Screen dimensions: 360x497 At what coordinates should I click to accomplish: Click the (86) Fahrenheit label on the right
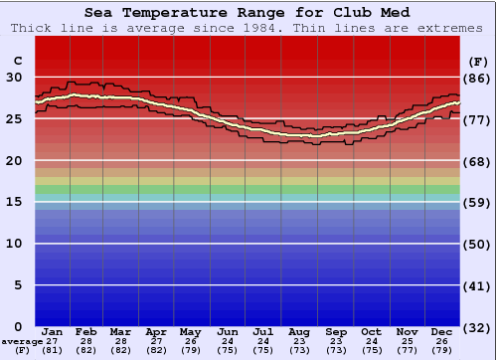479,78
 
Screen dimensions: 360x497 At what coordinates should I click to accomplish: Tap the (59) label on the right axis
479,202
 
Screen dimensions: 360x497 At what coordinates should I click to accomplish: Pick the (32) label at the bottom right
479,327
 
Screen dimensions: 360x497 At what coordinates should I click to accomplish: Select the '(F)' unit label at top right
479,61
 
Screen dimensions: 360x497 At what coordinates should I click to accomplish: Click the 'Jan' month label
53,332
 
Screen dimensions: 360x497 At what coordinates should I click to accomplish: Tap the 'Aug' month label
299,332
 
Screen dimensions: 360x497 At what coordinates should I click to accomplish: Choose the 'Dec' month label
442,332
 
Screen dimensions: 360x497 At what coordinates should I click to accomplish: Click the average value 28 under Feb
86,341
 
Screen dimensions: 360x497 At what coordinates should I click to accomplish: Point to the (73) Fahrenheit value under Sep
336,350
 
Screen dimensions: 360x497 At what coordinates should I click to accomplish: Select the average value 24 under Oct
372,341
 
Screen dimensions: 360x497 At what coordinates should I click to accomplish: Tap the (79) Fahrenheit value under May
190,350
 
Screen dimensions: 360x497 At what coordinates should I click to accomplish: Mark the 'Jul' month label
263,332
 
